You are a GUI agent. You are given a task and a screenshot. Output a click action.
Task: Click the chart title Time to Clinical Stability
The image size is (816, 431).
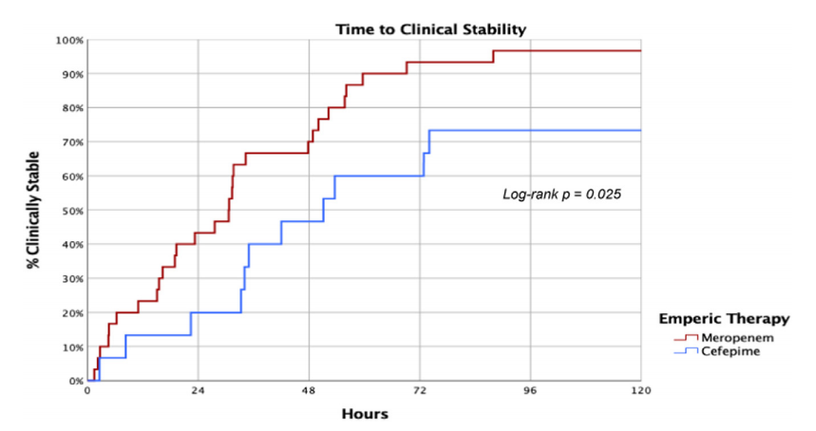pos(430,29)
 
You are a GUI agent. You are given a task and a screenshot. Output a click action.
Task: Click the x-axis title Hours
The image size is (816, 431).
pos(365,414)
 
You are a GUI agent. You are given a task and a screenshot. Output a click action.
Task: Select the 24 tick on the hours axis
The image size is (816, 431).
pos(198,391)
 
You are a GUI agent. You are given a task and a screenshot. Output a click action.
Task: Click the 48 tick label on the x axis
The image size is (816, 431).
pos(309,391)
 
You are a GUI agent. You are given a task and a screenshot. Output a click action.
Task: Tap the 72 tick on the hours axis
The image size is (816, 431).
pos(420,391)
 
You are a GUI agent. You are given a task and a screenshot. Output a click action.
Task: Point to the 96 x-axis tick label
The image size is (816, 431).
pos(530,391)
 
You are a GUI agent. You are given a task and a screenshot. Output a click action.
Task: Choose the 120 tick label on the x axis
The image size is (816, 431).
pos(641,391)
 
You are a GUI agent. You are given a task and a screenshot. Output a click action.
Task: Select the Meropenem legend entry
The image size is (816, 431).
pos(732,337)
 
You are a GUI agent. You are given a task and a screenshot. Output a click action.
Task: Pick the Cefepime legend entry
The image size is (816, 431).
pos(729,351)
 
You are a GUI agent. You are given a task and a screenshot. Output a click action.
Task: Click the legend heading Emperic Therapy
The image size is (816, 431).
pos(731,318)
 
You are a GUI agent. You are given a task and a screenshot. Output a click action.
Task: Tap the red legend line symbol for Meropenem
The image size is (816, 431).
pos(686,337)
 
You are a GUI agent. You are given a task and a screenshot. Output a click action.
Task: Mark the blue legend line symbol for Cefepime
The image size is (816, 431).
pos(686,351)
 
